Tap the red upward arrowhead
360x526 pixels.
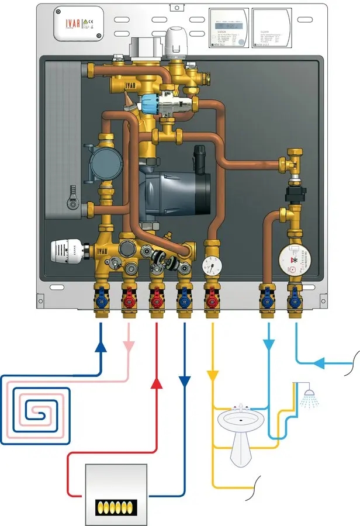pos(156,383)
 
